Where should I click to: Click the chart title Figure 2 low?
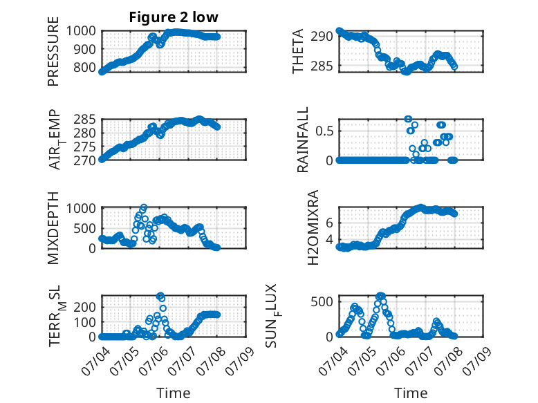[174, 17]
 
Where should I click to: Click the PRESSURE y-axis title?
[53, 51]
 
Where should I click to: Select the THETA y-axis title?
[298, 51]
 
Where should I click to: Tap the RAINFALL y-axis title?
[303, 140]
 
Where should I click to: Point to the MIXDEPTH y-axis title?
[53, 228]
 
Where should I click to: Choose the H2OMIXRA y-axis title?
[313, 227]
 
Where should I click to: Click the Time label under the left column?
[174, 393]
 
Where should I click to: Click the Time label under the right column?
[411, 393]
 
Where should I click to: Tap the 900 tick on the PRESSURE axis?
[85, 49]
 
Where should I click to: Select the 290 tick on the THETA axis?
[322, 37]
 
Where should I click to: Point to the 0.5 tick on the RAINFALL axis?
[324, 131]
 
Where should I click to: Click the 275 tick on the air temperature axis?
[85, 147]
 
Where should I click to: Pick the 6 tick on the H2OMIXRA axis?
[329, 223]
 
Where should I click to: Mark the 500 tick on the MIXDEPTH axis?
[85, 228]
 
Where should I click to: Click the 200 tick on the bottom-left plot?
[85, 307]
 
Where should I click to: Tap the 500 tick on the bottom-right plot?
[322, 302]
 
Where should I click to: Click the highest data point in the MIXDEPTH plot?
[144, 207]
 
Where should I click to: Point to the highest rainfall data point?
[408, 119]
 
